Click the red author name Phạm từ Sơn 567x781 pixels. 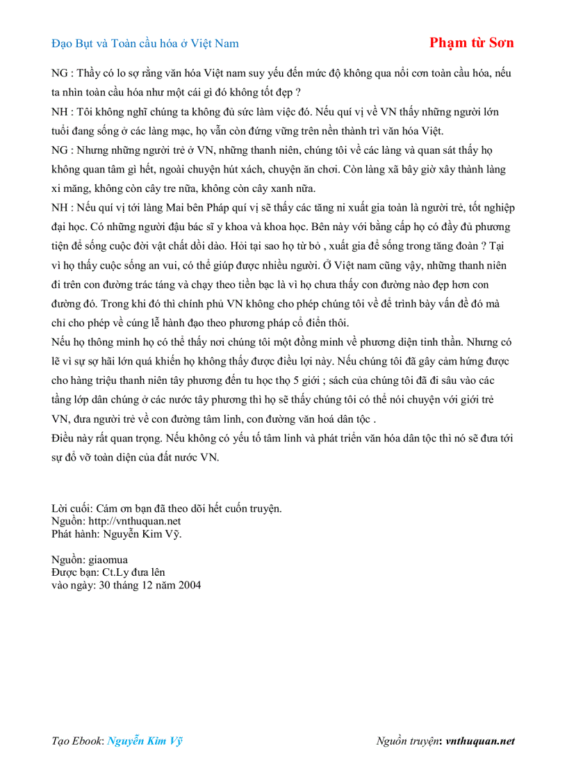click(x=472, y=42)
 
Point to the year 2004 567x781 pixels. click(x=188, y=585)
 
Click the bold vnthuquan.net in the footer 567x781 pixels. click(x=480, y=741)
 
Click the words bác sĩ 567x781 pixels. click(x=195, y=227)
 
